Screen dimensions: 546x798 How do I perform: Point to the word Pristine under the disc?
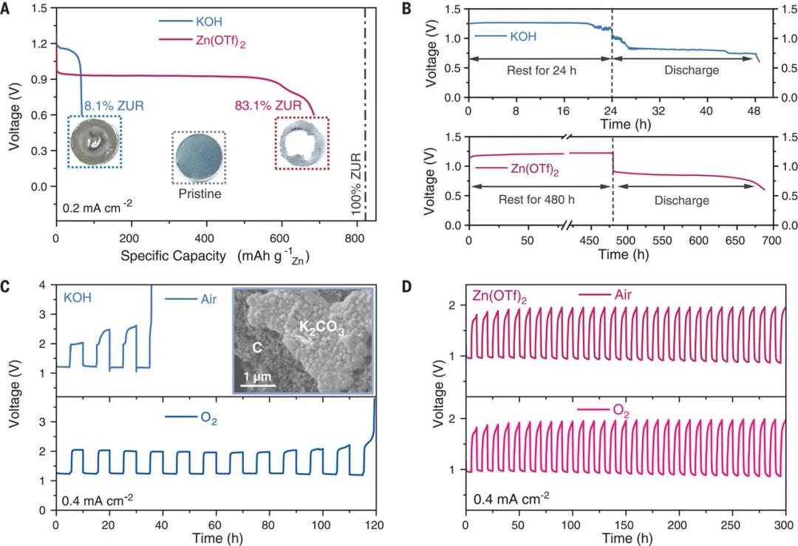pyautogui.click(x=199, y=194)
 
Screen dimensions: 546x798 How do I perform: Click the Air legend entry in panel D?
pyautogui.click(x=618, y=295)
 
